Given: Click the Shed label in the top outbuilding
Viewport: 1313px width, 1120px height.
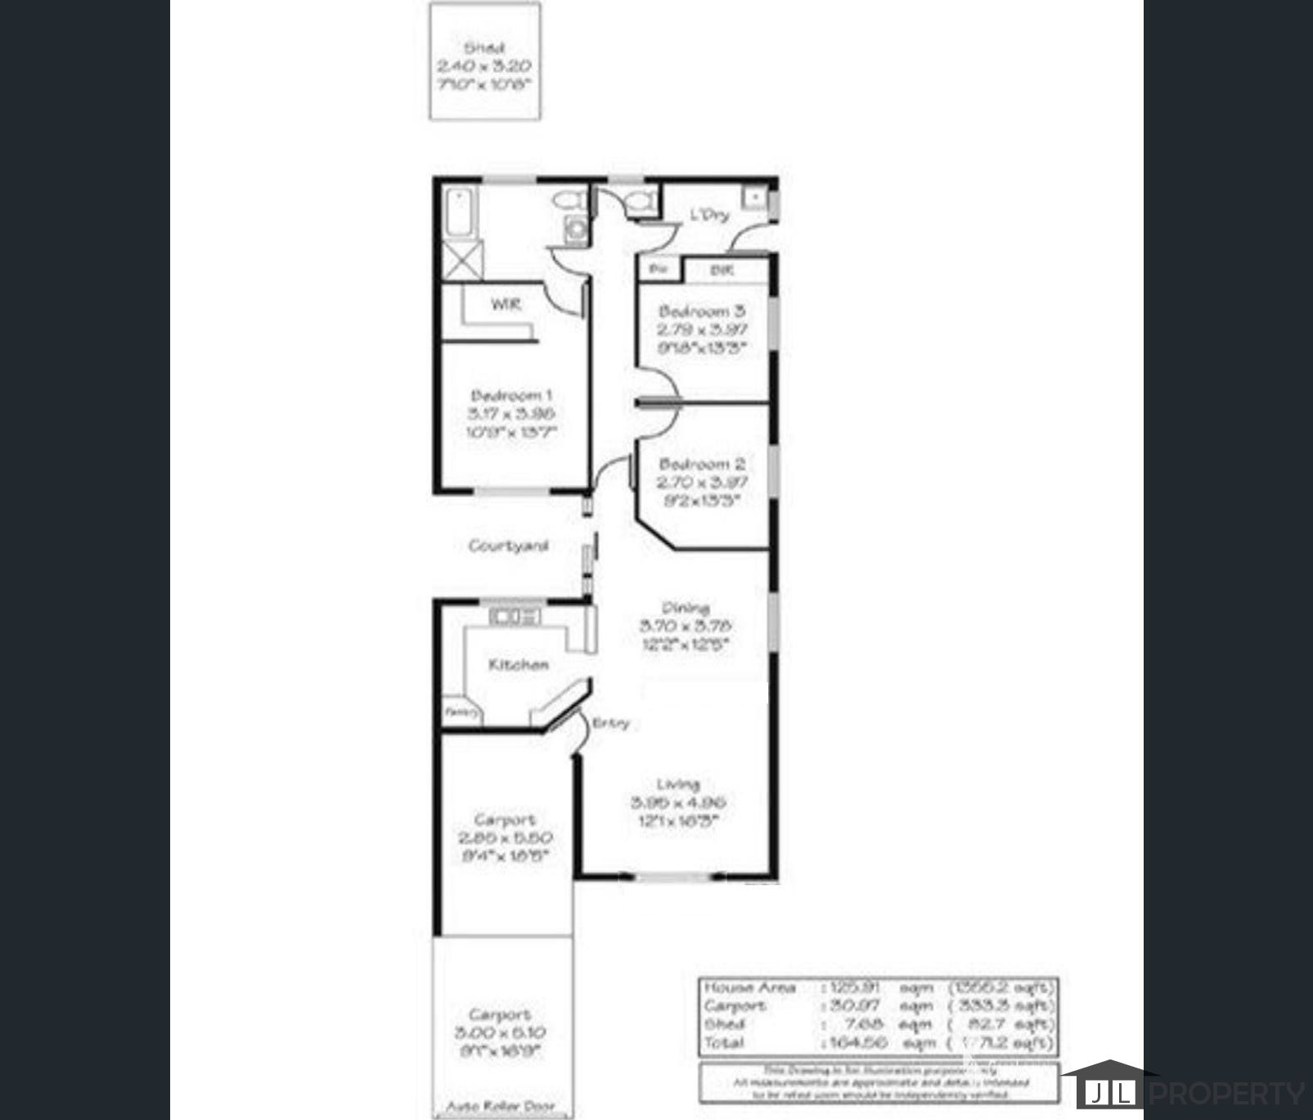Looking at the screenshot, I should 484,48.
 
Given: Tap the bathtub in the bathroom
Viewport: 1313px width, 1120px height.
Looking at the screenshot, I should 459,211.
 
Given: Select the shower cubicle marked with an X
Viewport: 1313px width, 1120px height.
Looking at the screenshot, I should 462,260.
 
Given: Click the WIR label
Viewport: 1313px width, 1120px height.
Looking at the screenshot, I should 505,304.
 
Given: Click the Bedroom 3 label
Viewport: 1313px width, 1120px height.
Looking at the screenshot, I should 702,311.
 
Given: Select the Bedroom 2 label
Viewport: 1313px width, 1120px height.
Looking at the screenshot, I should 702,464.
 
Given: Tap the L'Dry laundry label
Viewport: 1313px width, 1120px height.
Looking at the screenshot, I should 708,215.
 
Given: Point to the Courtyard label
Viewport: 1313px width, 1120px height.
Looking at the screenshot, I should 508,546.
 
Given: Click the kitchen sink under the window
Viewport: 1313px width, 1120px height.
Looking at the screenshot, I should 515,617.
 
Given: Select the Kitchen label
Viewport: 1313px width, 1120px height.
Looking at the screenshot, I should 519,664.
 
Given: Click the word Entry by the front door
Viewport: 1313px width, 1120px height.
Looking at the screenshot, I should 610,723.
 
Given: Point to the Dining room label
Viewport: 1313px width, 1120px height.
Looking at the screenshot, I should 685,607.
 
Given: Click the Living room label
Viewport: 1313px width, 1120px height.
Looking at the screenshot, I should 677,784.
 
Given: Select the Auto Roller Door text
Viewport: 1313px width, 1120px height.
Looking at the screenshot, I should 500,1106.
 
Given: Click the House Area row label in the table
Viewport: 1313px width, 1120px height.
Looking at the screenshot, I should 750,987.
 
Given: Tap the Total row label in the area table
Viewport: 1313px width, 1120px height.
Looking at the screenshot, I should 724,1042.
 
